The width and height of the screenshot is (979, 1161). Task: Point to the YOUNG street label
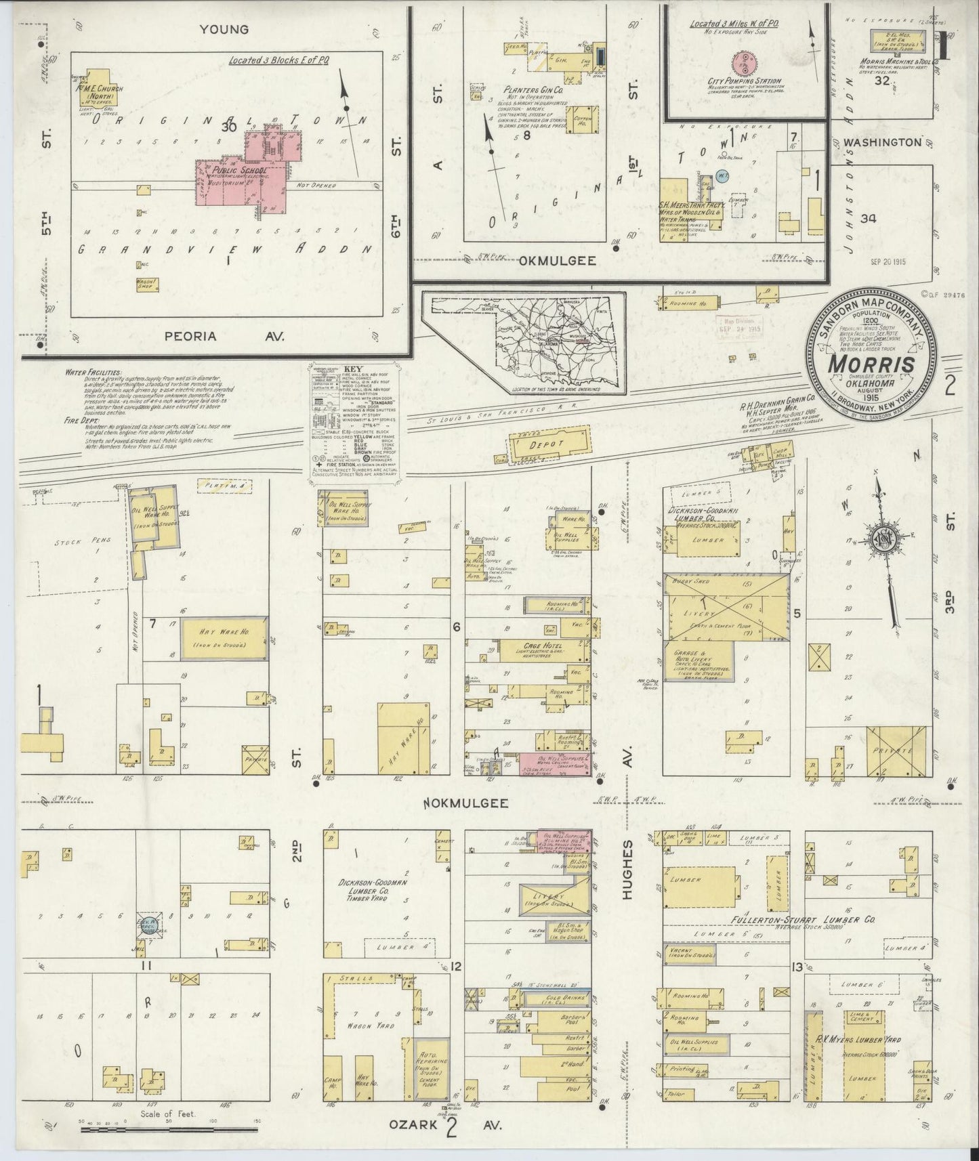coord(224,29)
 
